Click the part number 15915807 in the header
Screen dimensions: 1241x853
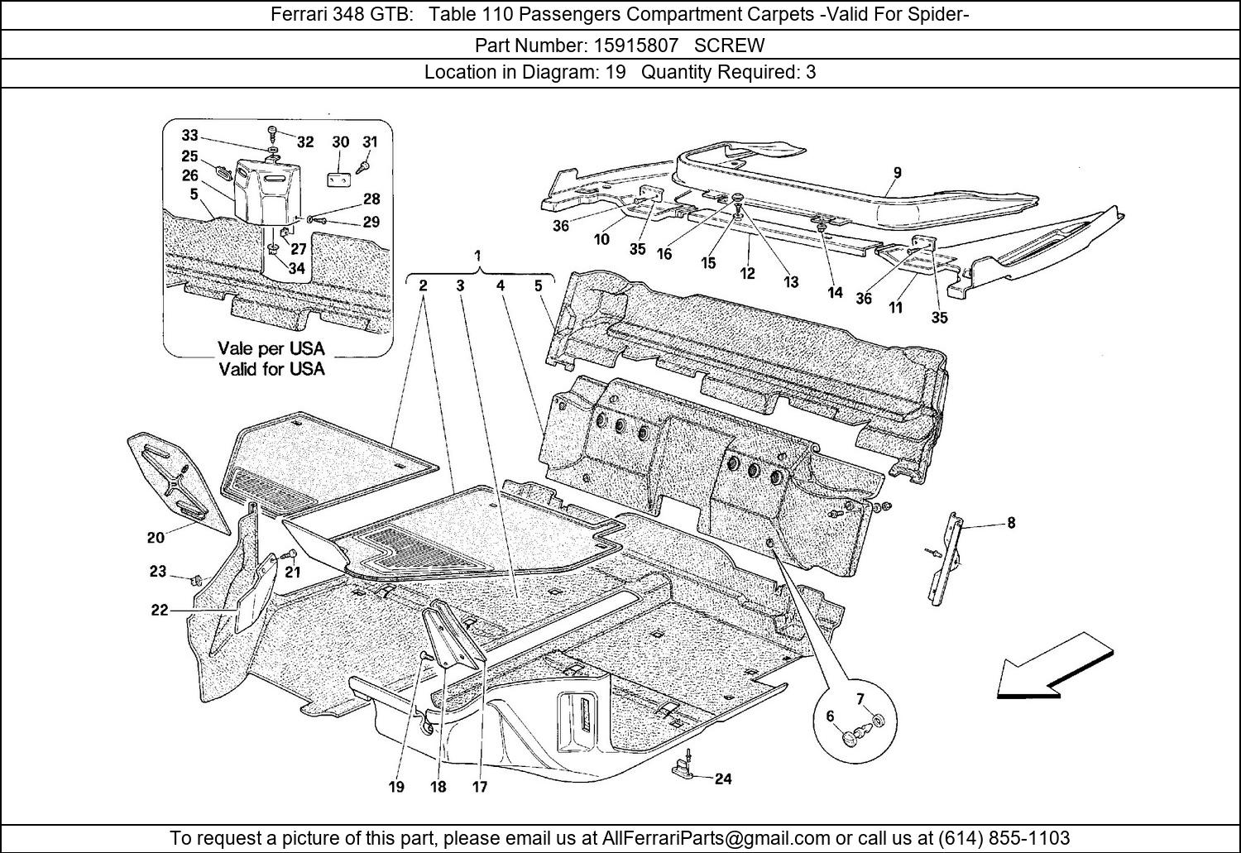coord(636,45)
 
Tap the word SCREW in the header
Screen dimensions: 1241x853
coord(729,45)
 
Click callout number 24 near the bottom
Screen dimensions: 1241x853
coord(723,779)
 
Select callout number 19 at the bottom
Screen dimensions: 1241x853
coord(396,787)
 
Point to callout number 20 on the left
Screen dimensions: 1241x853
coord(156,537)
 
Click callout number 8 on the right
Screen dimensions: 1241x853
coord(1011,523)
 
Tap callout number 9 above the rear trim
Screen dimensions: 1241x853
coord(897,173)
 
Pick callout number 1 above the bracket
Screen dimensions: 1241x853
coord(477,256)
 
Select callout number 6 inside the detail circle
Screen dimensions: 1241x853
coord(830,716)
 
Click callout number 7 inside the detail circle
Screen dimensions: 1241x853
coord(860,700)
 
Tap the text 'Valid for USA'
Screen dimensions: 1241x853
coord(271,369)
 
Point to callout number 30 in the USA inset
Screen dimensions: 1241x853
coord(341,141)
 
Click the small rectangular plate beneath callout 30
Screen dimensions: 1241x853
coord(339,179)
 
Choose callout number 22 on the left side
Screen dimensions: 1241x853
coord(160,611)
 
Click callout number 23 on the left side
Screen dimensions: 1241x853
coord(158,571)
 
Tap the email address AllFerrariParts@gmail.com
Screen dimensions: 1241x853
coord(716,837)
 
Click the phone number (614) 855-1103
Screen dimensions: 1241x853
coord(1004,837)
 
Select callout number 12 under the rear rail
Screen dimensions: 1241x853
coord(747,273)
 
